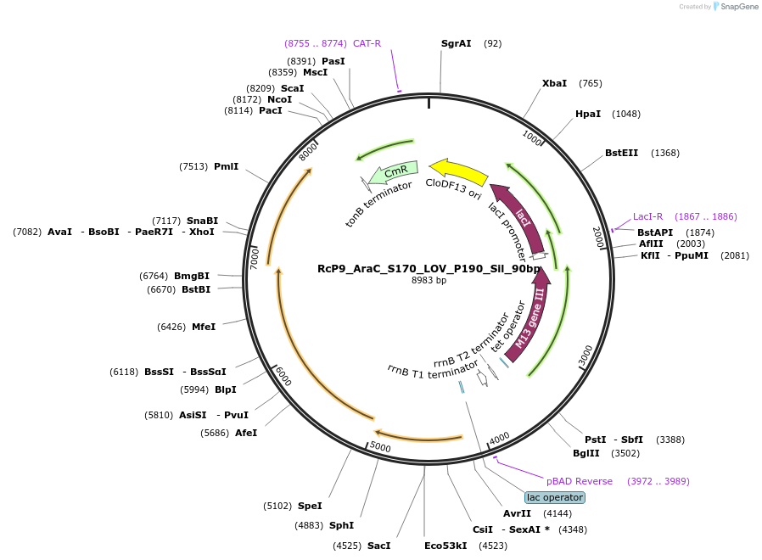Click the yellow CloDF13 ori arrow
click(458, 171)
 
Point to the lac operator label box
click(555, 497)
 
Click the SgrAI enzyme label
click(457, 43)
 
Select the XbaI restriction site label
click(554, 83)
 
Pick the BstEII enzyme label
click(621, 153)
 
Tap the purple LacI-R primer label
click(648, 216)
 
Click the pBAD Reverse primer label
click(579, 481)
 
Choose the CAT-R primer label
click(367, 43)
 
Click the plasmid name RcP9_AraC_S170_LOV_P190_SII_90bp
click(429, 269)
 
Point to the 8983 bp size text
click(429, 281)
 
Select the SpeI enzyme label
click(310, 506)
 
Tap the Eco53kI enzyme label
click(445, 546)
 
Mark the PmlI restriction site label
click(226, 166)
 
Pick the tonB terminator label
click(378, 203)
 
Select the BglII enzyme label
click(586, 453)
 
